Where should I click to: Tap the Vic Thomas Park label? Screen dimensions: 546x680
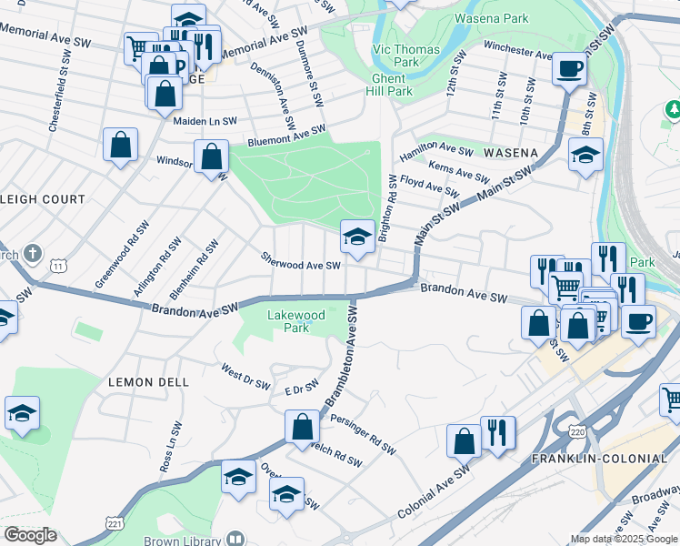point(406,56)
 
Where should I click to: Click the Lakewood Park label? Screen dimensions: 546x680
point(295,321)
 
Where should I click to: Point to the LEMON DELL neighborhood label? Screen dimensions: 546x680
point(149,382)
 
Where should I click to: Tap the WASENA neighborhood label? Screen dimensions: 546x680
point(511,153)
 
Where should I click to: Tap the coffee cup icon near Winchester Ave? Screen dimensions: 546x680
point(569,68)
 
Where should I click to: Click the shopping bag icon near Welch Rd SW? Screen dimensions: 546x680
point(302,426)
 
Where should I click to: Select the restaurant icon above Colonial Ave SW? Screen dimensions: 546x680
point(497,432)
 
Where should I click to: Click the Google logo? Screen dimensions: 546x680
point(30,535)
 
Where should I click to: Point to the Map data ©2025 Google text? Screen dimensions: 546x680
point(624,539)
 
